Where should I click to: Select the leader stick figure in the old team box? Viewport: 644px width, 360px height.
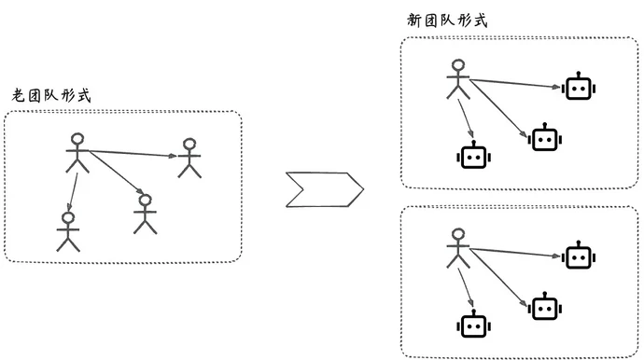[77, 154]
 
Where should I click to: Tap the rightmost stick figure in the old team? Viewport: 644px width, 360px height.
[189, 159]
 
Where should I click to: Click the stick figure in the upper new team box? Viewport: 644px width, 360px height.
[456, 79]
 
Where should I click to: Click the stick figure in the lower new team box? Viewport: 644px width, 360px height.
[456, 247]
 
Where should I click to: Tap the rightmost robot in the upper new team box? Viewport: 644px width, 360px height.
[579, 89]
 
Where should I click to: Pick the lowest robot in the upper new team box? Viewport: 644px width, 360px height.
[474, 156]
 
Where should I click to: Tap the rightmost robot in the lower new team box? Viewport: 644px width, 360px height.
[579, 257]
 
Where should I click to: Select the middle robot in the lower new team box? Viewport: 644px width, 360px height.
[543, 307]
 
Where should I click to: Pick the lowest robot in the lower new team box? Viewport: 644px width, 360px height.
[474, 325]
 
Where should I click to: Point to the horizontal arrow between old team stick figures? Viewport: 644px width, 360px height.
[131, 153]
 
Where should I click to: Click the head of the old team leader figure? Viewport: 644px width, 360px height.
[77, 141]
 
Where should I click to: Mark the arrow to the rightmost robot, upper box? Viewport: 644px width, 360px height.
[516, 85]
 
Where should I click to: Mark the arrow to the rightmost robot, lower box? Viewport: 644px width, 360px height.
[516, 253]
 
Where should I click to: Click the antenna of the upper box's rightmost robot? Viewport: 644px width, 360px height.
[579, 74]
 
